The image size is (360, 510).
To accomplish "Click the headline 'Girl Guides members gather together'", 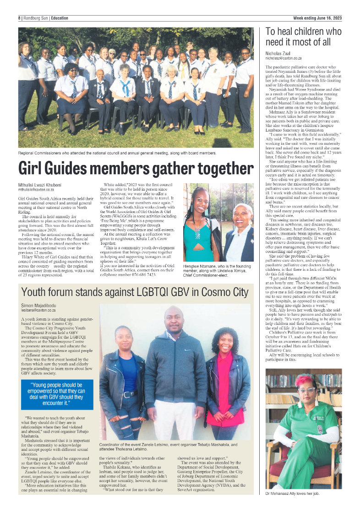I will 135,168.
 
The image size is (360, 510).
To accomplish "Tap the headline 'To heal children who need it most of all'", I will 304,37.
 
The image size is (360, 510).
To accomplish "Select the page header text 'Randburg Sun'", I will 36,18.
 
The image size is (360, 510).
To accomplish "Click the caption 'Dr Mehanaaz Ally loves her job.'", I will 293,494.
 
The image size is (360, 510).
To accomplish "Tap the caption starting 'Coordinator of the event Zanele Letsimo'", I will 168,447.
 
